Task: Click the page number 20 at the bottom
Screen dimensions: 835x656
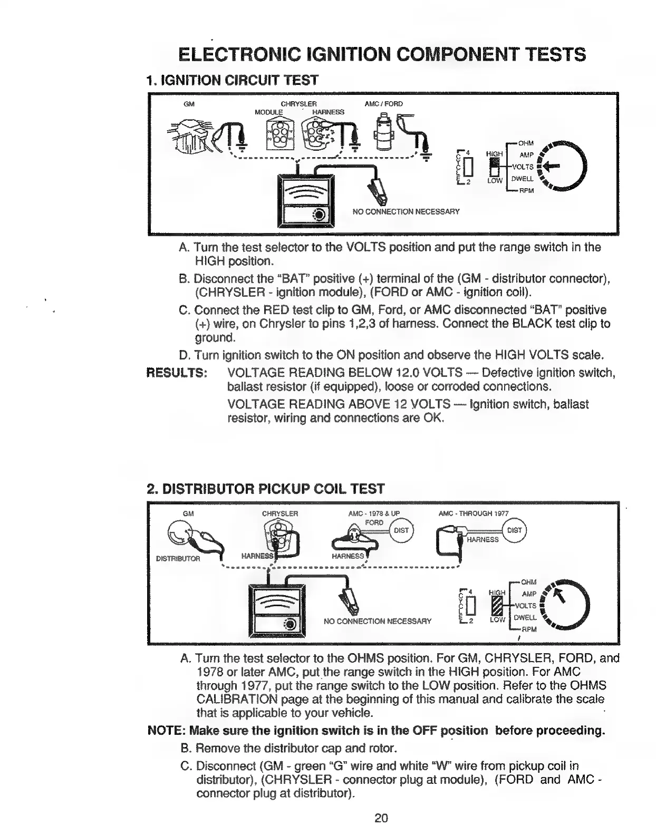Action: click(x=381, y=818)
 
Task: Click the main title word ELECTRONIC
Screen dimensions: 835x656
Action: click(x=239, y=54)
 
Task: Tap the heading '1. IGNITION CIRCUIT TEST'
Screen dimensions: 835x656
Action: click(x=232, y=80)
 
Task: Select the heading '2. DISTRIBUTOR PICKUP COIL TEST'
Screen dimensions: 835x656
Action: click(x=265, y=489)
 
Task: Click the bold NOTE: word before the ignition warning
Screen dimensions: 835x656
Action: click(x=166, y=731)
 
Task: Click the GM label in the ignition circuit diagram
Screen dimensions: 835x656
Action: click(x=189, y=104)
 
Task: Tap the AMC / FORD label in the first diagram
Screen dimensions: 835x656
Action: click(x=383, y=104)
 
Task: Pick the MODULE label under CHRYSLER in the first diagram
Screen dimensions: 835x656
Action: click(x=268, y=112)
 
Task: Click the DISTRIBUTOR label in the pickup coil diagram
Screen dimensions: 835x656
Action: click(x=178, y=559)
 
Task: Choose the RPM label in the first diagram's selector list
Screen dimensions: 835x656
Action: click(x=527, y=190)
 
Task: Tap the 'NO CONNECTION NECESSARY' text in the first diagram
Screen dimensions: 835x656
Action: click(x=406, y=211)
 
